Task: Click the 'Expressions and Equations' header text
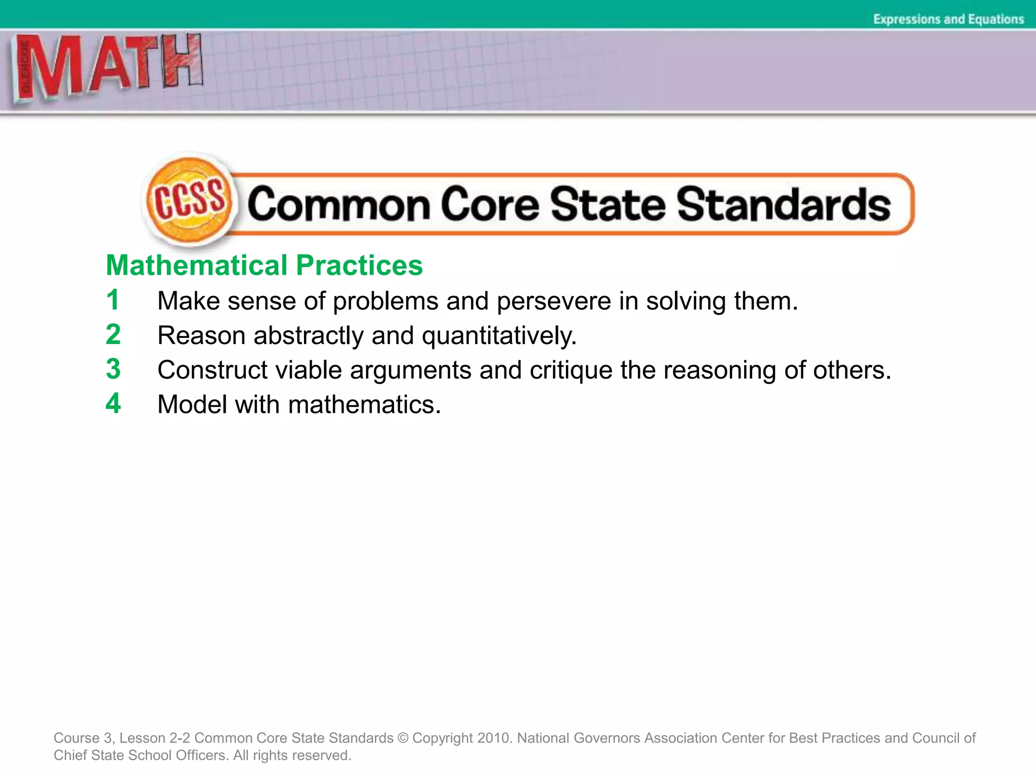pos(948,19)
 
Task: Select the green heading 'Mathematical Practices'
pos(264,266)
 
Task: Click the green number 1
pos(113,300)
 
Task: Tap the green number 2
pos(113,334)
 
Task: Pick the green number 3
pos(113,369)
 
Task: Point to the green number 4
pos(113,403)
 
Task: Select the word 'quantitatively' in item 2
pos(498,336)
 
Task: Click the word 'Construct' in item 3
pos(211,370)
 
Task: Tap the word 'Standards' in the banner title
pos(784,204)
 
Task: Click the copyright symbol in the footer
pos(403,738)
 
